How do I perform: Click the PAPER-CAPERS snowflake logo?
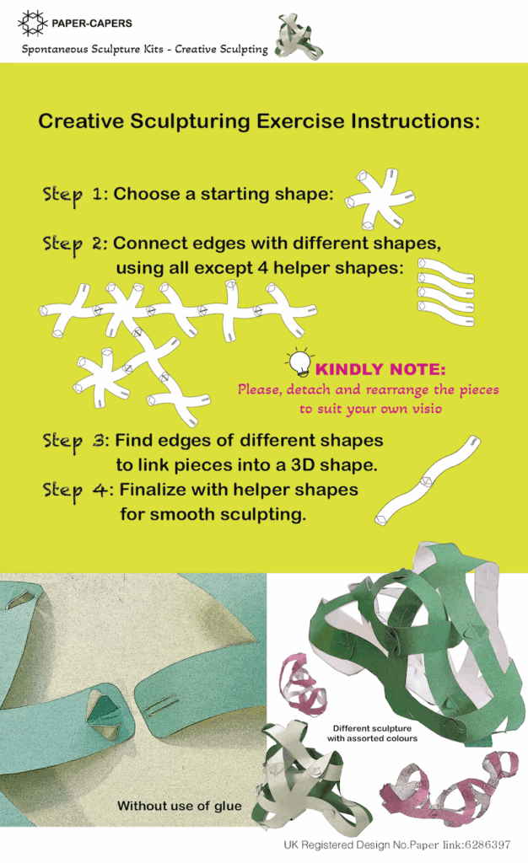(32, 23)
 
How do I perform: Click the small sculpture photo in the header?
(299, 37)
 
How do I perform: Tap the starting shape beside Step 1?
(380, 199)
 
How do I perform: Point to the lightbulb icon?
(299, 362)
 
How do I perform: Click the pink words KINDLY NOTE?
(380, 369)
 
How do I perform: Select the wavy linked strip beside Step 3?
(428, 480)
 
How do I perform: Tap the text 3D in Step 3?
(303, 465)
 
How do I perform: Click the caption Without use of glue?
(180, 806)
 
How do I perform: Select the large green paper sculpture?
(418, 650)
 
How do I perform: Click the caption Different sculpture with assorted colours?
(372, 733)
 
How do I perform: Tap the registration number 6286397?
(488, 844)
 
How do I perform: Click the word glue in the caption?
(228, 807)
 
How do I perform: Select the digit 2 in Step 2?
(99, 243)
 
